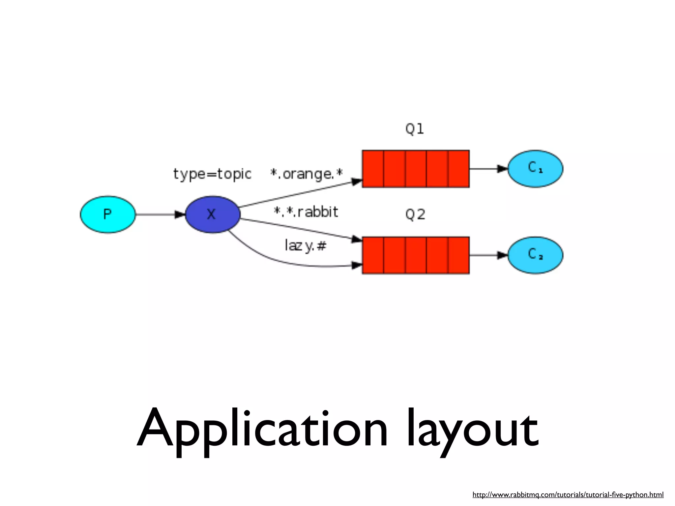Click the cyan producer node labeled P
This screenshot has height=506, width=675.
pyautogui.click(x=108, y=214)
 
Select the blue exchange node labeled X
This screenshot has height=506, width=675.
pyautogui.click(x=213, y=214)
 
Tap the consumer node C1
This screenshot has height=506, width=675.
pyautogui.click(x=535, y=169)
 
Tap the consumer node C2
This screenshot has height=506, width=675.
pyautogui.click(x=535, y=255)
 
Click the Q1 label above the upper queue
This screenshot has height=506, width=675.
pyautogui.click(x=415, y=129)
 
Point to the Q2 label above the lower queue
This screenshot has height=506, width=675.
pyautogui.click(x=415, y=215)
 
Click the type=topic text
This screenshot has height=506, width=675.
pyautogui.click(x=212, y=174)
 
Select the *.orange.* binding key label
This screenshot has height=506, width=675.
pyautogui.click(x=307, y=174)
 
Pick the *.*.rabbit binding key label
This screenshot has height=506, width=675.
pyautogui.click(x=306, y=212)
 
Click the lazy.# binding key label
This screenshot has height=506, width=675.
pyautogui.click(x=305, y=246)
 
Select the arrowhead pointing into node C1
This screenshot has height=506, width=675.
pyautogui.click(x=502, y=169)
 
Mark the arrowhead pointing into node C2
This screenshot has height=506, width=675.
pyautogui.click(x=502, y=255)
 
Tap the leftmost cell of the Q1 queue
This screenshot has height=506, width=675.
pyautogui.click(x=373, y=169)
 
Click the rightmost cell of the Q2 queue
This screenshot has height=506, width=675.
pyautogui.click(x=458, y=255)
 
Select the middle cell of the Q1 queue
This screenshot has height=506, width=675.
pyautogui.click(x=416, y=169)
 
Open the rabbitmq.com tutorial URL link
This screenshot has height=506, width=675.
pyautogui.click(x=568, y=494)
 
